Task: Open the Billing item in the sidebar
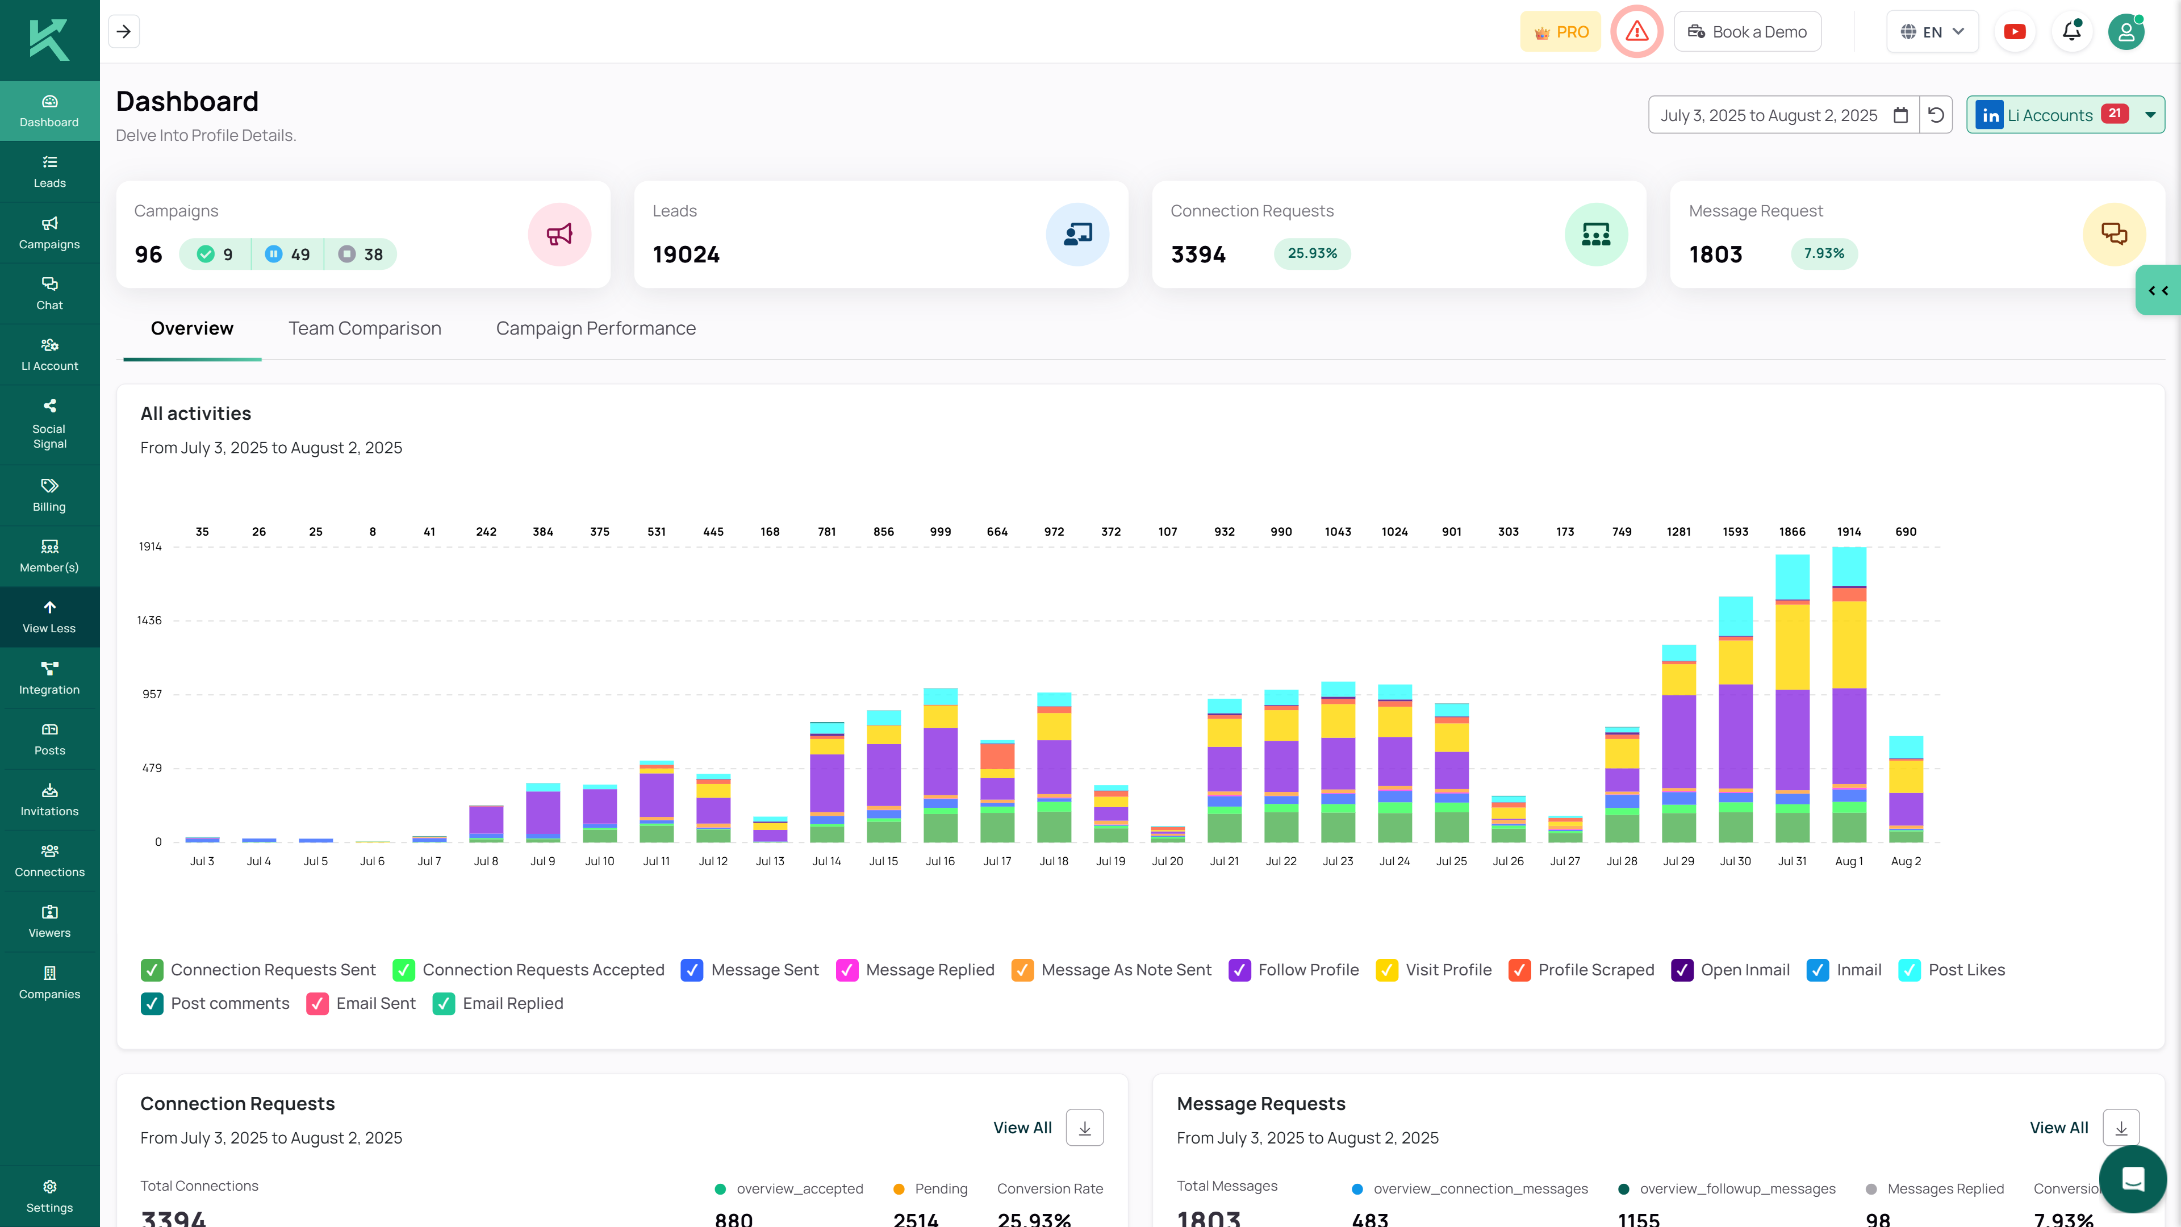pos(49,495)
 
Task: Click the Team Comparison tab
pos(364,328)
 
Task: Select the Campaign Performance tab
pos(595,328)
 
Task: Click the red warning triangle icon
pos(1636,32)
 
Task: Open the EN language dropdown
pos(1931,32)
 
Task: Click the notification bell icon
pos(2071,32)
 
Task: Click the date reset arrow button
pos(1936,115)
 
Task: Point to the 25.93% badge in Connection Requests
pos(1311,253)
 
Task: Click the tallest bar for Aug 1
pos(1848,694)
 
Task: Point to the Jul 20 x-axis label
pos(1167,861)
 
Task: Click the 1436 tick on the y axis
pos(149,621)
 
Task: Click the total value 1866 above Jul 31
pos(1791,532)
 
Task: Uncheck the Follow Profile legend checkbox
pos(1239,970)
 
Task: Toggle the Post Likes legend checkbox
pos(1909,970)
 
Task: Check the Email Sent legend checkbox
pos(317,1003)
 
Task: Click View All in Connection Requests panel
pos(1022,1128)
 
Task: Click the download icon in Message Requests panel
pos(2121,1128)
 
